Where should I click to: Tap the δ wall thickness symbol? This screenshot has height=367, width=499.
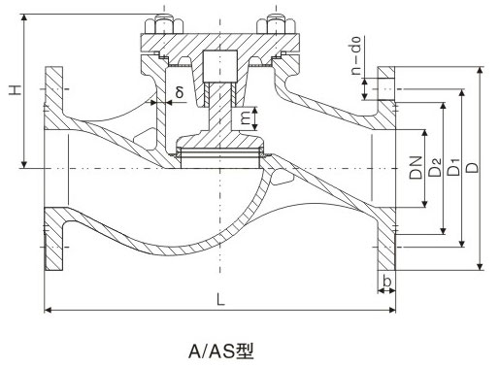179,92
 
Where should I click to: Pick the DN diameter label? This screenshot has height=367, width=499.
416,168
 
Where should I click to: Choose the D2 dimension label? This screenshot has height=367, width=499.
436,168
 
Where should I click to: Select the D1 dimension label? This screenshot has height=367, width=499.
454,168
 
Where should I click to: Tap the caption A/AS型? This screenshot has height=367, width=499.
221,348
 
